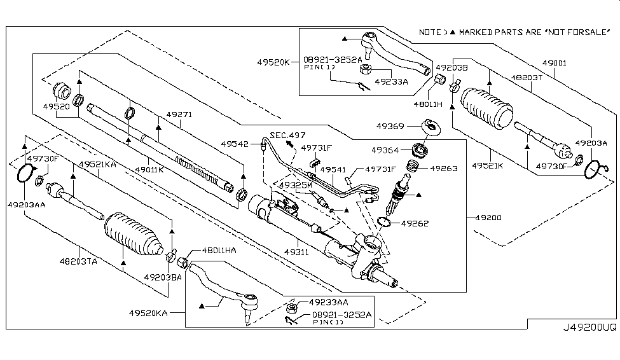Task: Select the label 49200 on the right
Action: click(x=488, y=218)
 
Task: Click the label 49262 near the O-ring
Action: click(x=415, y=224)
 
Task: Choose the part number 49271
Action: click(x=179, y=115)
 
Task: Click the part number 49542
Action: click(x=236, y=144)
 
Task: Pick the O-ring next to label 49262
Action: click(x=384, y=221)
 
